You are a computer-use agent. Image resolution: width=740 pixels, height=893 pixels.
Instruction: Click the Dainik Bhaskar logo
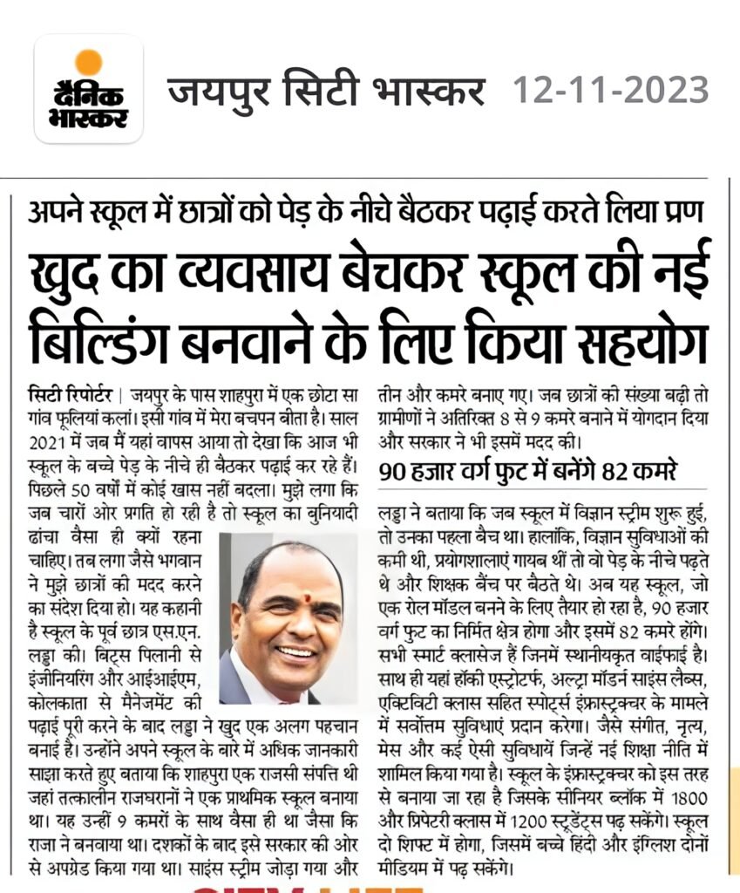89,89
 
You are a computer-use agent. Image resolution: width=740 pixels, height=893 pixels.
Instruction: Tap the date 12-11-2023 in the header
610,90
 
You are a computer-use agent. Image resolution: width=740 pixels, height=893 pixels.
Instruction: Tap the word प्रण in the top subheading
676,210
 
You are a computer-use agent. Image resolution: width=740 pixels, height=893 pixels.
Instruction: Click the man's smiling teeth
294,651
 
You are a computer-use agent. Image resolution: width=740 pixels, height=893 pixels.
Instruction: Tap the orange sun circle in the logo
88,62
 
